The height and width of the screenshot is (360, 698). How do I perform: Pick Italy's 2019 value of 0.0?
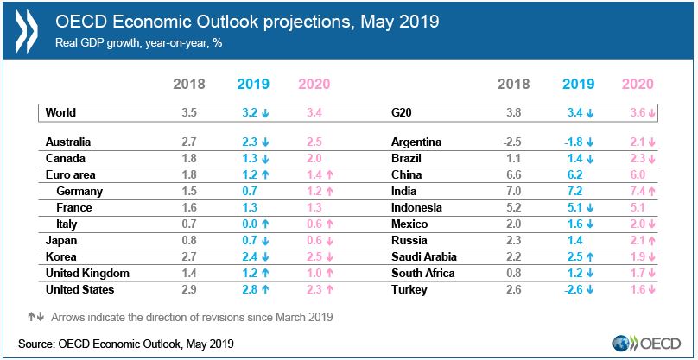point(245,224)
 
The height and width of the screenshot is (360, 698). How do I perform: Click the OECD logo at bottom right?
point(646,342)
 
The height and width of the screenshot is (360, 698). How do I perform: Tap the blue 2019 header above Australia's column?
point(252,85)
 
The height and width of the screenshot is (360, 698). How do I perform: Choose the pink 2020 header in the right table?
point(638,85)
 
